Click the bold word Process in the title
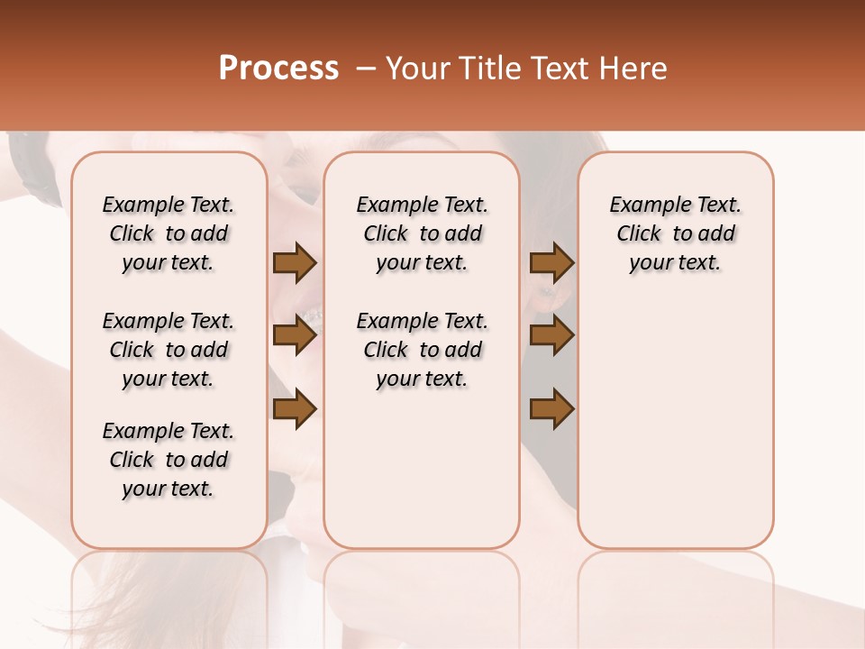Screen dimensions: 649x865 click(278, 69)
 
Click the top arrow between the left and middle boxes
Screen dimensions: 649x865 click(295, 262)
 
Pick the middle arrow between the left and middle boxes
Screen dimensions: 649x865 click(295, 335)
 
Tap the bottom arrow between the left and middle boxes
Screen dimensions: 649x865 click(295, 408)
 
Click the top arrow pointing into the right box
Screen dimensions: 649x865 click(551, 262)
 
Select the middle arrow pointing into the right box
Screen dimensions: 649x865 click(551, 335)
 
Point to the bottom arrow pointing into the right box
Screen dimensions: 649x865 click(551, 408)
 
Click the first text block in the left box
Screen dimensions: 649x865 click(168, 233)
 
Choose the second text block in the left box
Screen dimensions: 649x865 click(168, 350)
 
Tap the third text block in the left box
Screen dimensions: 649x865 click(168, 460)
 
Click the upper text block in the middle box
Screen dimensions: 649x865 click(423, 233)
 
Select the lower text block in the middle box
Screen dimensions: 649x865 click(423, 350)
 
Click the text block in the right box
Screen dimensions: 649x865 click(676, 233)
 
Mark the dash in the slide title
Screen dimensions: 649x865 click(366, 69)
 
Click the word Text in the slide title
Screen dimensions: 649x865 click(562, 69)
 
